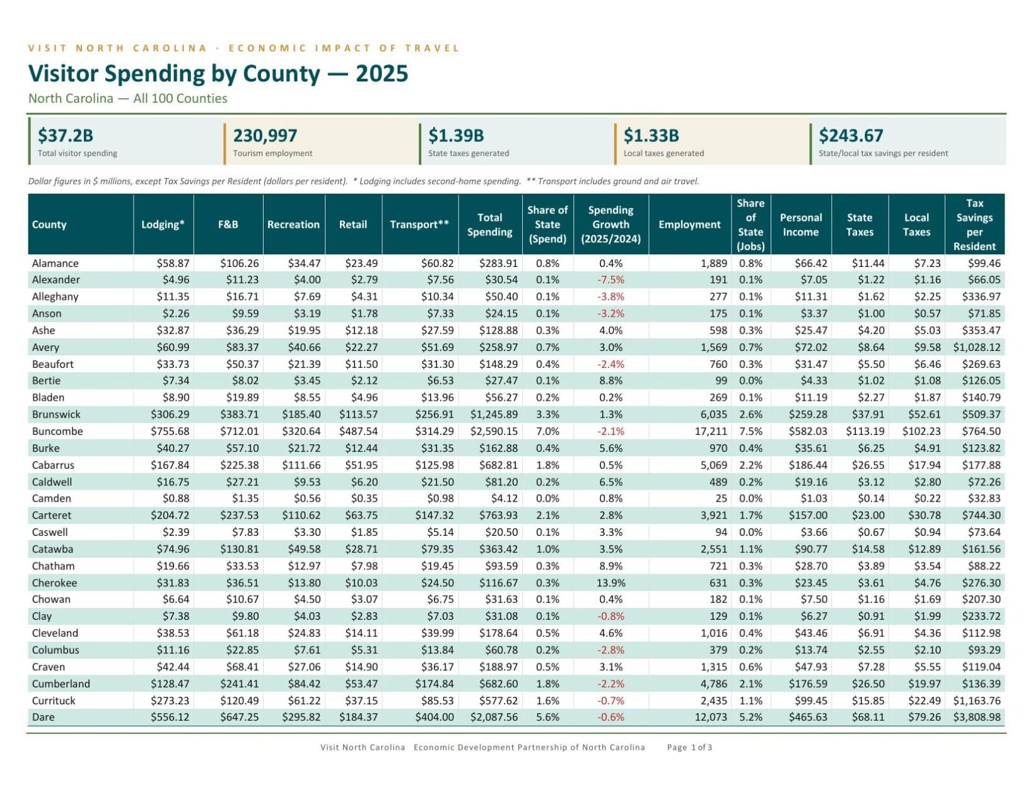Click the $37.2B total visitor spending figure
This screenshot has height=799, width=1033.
coord(66,136)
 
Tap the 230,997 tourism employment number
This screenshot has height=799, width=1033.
coord(265,136)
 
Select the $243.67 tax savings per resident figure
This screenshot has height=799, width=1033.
coord(851,136)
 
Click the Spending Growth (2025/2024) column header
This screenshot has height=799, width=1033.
coord(610,225)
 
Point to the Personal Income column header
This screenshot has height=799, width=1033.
coord(800,225)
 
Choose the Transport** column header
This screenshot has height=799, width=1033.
coord(419,225)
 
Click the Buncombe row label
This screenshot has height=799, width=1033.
coord(57,431)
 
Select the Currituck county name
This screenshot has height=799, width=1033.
coord(53,701)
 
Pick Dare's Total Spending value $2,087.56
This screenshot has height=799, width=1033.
coord(494,717)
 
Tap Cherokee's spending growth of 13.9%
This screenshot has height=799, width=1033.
coord(610,583)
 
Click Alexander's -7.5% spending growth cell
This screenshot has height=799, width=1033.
coord(610,280)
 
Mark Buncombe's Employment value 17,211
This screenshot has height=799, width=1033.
coord(711,431)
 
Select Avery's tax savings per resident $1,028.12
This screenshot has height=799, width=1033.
coord(976,347)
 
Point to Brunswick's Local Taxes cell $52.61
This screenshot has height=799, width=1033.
coord(924,414)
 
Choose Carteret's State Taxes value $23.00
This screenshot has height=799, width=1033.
coord(868,515)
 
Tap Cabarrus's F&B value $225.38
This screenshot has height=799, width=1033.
coord(239,465)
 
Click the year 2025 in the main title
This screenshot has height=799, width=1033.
coord(382,74)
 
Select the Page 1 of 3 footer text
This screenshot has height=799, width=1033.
coord(689,747)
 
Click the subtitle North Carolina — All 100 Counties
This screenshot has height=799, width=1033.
coord(128,98)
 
